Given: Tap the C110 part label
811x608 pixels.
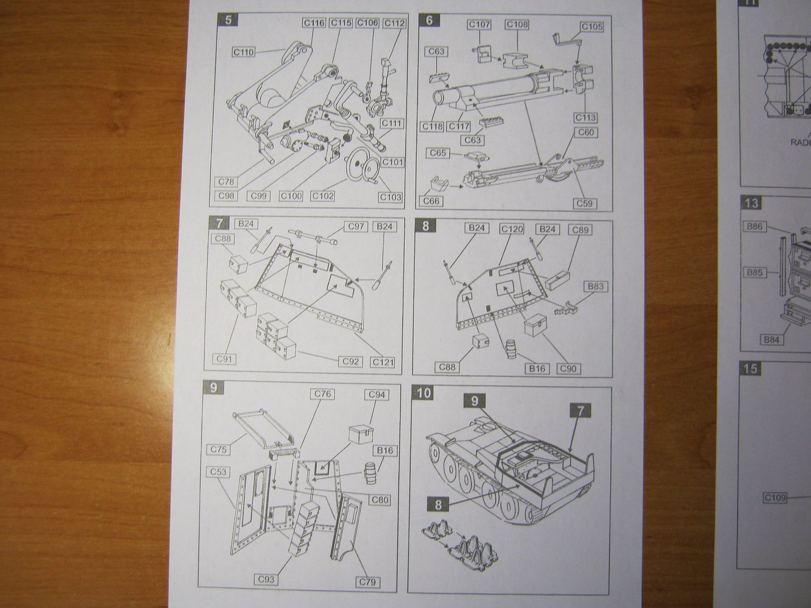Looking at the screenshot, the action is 242,52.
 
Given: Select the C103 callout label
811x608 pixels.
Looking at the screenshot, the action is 391,197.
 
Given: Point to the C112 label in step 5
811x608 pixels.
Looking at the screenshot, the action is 394,23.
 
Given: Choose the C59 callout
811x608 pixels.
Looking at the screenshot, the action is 587,203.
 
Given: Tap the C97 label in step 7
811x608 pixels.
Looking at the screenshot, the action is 355,226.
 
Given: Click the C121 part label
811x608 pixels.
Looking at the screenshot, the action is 383,362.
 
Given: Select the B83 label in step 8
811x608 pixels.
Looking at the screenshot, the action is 595,286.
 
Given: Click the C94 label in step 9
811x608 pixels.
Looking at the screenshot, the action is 378,395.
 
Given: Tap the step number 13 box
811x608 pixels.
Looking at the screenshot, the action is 751,203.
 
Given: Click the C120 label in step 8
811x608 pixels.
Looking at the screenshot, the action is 511,228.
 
